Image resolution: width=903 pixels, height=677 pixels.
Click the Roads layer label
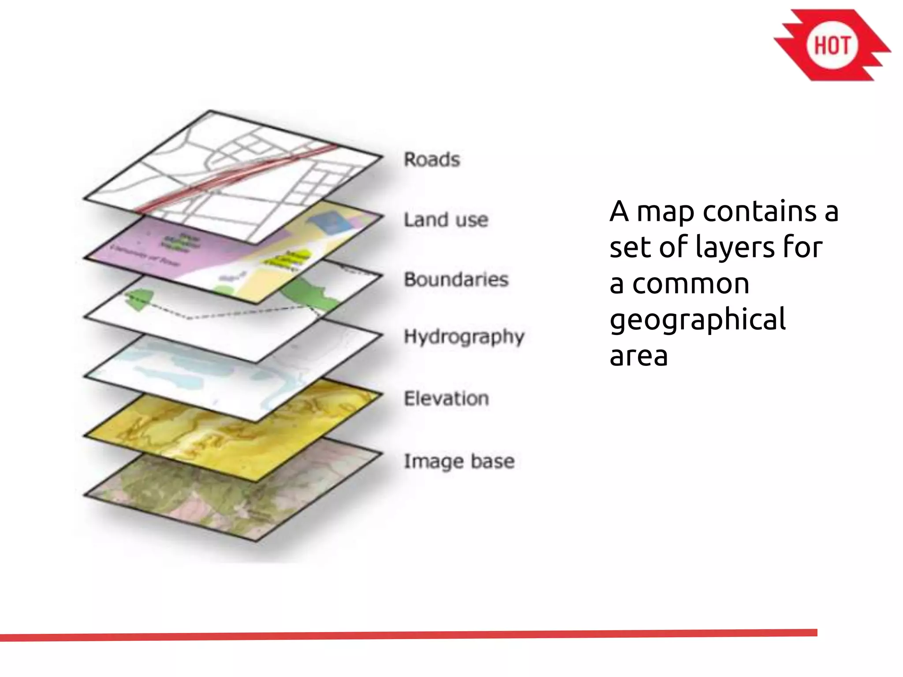(x=432, y=160)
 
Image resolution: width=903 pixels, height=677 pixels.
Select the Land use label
(x=446, y=219)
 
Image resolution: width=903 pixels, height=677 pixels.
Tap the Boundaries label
(x=456, y=279)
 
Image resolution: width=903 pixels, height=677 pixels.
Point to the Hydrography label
(x=464, y=337)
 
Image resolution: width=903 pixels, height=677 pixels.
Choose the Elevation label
(x=446, y=398)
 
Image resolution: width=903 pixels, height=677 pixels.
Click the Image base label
(x=459, y=461)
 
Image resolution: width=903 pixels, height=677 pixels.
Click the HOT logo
(x=832, y=45)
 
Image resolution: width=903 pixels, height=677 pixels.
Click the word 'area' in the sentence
(x=638, y=356)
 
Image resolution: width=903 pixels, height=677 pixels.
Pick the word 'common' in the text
(x=690, y=284)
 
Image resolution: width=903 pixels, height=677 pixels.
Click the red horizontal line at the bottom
(x=408, y=635)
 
